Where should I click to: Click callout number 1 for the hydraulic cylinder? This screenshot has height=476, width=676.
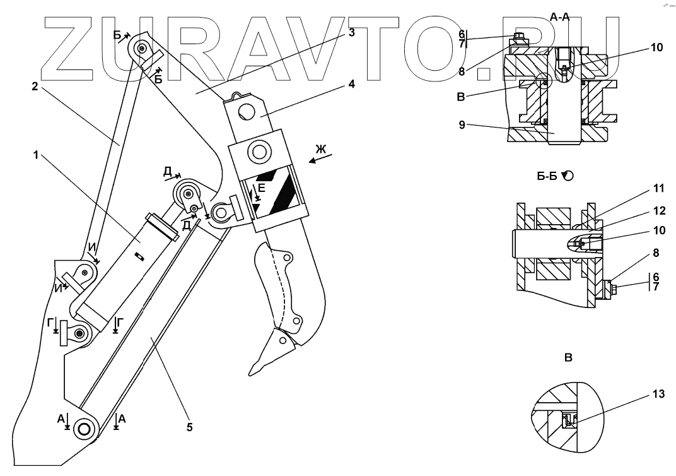(x=38, y=154)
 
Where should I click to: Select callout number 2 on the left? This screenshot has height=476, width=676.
(x=35, y=88)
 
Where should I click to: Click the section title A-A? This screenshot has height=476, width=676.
(x=560, y=17)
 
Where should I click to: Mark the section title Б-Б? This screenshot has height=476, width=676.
(x=547, y=177)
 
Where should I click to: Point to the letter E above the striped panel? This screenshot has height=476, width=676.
(x=262, y=187)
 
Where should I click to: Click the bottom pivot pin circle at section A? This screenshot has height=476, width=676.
(x=83, y=428)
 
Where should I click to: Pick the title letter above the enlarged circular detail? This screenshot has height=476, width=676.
(x=568, y=357)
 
